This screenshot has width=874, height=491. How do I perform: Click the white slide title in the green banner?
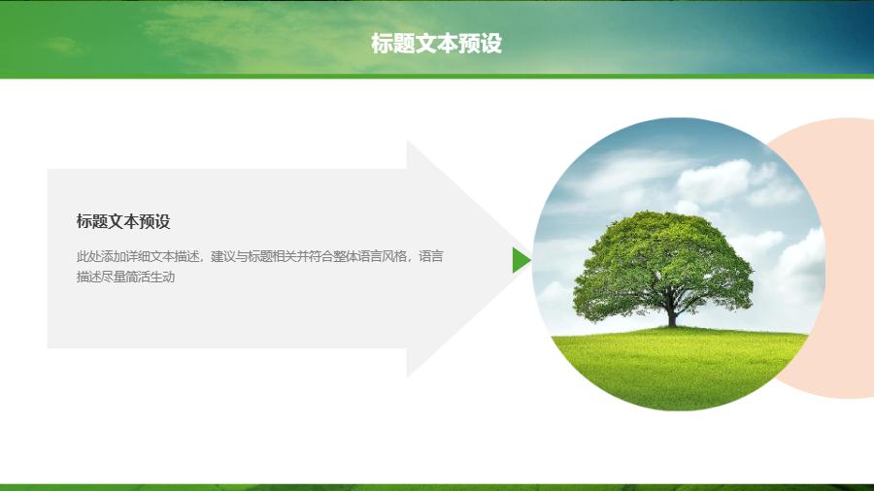pos(436,44)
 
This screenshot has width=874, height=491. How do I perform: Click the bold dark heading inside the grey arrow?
pos(123,221)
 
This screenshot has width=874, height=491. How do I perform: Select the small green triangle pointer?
pos(521,260)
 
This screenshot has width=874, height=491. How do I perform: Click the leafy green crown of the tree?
pos(663,262)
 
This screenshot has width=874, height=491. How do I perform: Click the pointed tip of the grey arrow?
pos(526,260)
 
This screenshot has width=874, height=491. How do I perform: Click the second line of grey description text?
pos(125,277)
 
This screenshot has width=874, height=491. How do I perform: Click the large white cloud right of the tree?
pos(714,180)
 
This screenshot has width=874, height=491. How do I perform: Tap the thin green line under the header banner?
pos(437,77)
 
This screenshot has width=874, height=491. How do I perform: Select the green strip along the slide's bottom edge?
pos(437,488)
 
